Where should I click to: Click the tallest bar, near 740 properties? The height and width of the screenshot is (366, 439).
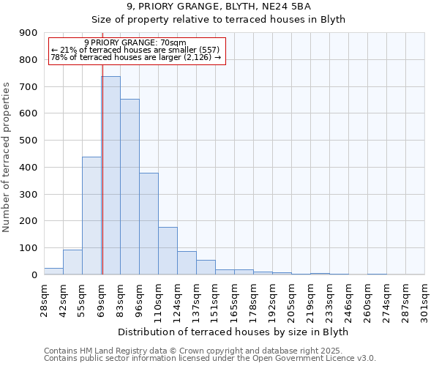111,176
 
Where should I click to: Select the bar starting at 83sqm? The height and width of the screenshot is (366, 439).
130,187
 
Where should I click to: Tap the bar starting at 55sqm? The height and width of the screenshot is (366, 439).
91,216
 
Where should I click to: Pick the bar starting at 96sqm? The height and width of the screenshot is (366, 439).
149,224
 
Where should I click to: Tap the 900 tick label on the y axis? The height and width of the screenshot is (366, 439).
29,33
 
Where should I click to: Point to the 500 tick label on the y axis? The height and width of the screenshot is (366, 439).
29,141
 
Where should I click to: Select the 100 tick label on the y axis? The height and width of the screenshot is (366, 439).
29,248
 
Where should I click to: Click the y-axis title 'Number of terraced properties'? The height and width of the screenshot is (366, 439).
7,157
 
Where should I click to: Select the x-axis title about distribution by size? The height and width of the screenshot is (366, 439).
233,332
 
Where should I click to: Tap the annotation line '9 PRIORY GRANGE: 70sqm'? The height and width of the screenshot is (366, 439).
135,42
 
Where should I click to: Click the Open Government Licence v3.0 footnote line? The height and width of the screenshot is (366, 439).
210,359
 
